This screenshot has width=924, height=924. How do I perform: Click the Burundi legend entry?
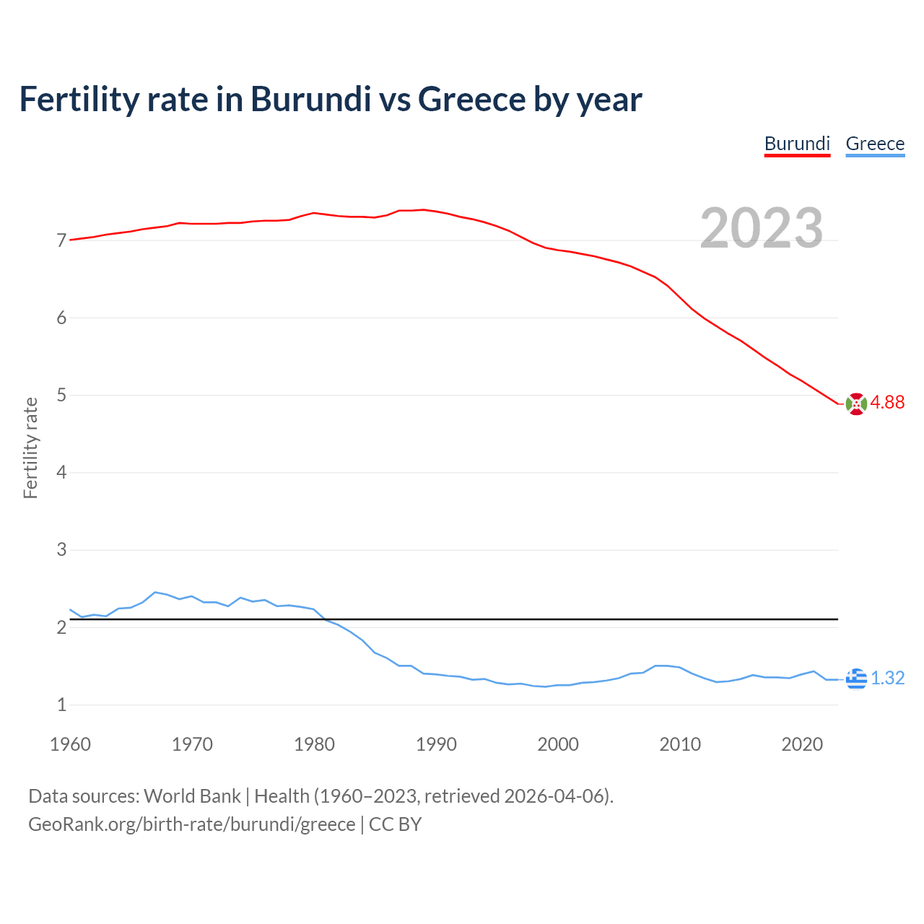(x=797, y=144)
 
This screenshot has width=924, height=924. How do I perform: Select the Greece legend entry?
(x=875, y=144)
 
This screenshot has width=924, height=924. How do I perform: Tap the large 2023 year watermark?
(x=761, y=228)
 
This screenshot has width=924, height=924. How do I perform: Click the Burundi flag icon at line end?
(x=855, y=404)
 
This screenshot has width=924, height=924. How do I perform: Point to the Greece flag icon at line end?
(x=855, y=679)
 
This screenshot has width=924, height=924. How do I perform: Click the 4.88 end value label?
(x=887, y=403)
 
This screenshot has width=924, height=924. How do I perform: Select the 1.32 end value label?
(x=887, y=679)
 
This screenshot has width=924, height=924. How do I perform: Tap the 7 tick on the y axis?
(x=61, y=241)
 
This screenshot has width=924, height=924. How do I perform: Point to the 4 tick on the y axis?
(x=61, y=473)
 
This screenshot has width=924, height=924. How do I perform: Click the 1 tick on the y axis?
(x=61, y=705)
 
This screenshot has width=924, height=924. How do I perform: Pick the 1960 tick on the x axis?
(x=70, y=744)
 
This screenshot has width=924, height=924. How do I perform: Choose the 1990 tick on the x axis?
(x=436, y=744)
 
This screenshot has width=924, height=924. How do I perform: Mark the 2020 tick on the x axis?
(x=802, y=744)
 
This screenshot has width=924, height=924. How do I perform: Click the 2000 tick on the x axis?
(x=558, y=744)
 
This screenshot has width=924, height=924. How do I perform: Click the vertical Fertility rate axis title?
(x=30, y=448)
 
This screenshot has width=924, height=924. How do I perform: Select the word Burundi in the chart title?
(x=310, y=100)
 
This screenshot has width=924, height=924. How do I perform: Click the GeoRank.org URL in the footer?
(x=191, y=824)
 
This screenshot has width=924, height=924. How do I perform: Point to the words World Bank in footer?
(x=192, y=796)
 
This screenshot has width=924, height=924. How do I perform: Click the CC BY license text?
(x=395, y=824)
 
